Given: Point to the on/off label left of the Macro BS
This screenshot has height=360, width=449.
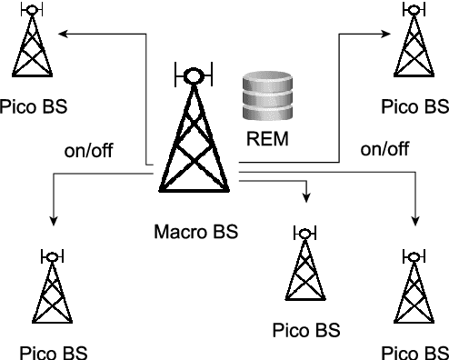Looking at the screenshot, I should [x=88, y=149].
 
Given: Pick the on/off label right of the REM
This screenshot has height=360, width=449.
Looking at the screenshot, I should [x=385, y=149].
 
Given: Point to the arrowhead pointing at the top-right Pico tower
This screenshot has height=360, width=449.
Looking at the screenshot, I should [x=386, y=34].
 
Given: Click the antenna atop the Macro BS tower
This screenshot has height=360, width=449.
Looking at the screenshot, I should [x=193, y=75].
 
